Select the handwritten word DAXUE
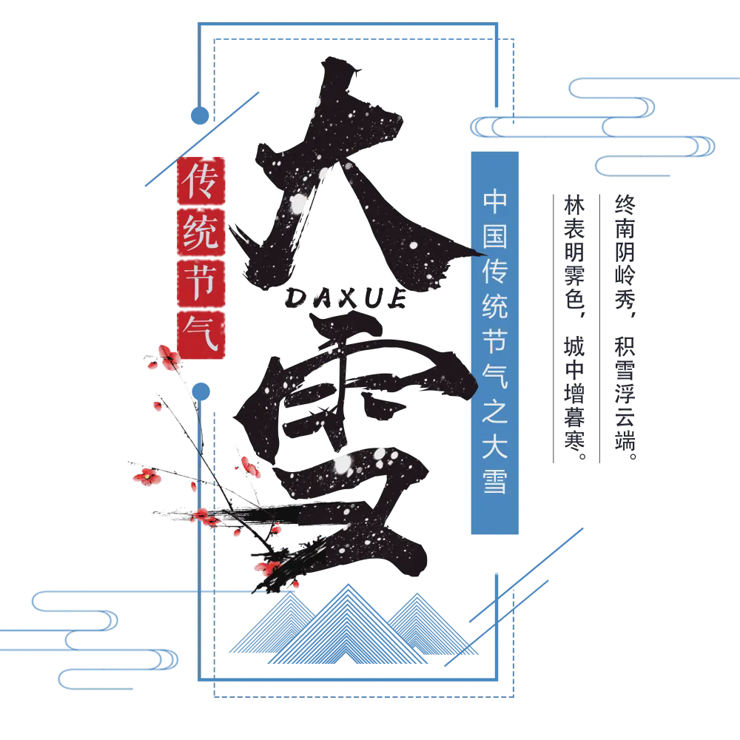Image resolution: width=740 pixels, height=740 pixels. coord(346,298)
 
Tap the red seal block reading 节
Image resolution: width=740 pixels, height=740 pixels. coord(201,283)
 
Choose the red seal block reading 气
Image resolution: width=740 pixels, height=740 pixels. coord(201,334)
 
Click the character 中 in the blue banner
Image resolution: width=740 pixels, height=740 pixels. coord(494,201)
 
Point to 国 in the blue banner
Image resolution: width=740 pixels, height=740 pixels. coord(494,237)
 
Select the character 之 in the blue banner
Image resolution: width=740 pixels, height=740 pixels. coord(494,411)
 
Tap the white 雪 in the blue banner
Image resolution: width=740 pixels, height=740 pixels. coord(494,481)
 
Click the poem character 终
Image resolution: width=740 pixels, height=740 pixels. coord(625,204)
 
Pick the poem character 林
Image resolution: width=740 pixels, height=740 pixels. coord(574,205)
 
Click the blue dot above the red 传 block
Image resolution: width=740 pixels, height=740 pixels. coord(200,115)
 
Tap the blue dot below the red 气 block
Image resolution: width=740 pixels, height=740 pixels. coord(201,391)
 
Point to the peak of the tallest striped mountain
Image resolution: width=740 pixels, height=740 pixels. coord(349,585)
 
